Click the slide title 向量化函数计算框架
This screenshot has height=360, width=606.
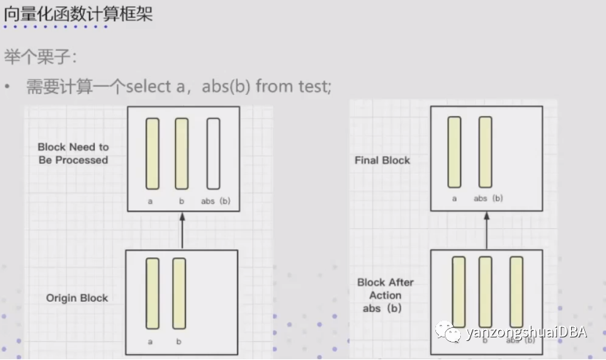click(78, 14)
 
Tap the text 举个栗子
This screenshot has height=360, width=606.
click(37, 57)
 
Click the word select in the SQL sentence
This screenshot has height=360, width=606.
click(149, 86)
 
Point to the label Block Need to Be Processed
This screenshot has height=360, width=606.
click(73, 153)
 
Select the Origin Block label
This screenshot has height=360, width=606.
click(77, 298)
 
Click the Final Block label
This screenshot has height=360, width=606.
click(382, 160)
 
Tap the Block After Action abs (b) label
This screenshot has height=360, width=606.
click(385, 295)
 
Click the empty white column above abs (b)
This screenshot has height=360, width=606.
click(214, 154)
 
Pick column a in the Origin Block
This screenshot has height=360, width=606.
click(152, 294)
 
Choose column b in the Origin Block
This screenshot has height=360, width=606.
click(179, 294)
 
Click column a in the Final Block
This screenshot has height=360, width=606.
click(454, 152)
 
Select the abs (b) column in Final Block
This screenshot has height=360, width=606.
click(486, 152)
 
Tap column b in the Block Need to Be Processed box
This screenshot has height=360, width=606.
click(182, 154)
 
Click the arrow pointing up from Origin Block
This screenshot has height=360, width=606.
click(182, 230)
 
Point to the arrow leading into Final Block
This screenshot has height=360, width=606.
click(486, 230)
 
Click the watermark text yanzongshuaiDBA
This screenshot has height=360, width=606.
click(526, 332)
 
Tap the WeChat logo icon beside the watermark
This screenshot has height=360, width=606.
click(448, 332)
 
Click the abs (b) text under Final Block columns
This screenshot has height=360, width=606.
click(488, 198)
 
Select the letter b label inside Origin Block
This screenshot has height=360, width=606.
click(179, 342)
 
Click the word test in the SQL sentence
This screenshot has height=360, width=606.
click(314, 86)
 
